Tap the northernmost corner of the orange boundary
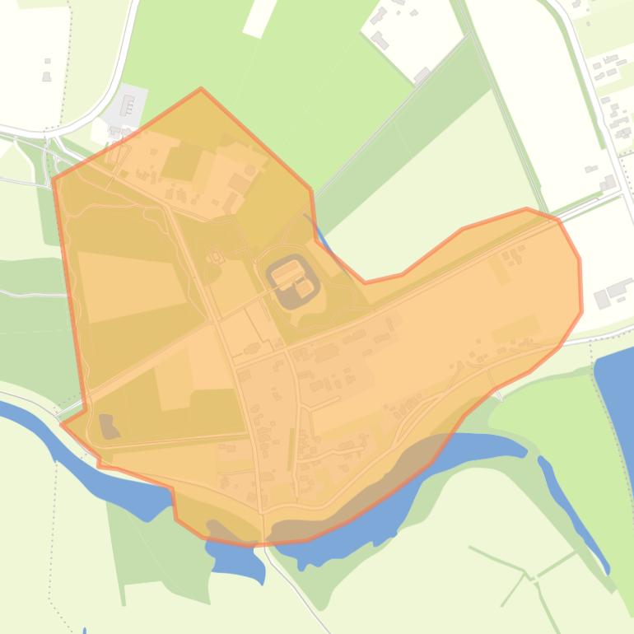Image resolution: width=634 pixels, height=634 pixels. click(x=201, y=89)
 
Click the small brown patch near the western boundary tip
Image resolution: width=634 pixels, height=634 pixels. click(x=108, y=426)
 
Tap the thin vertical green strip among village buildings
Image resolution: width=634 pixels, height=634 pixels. click(x=291, y=450)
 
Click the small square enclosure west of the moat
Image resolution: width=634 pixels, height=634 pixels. click(x=217, y=257)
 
